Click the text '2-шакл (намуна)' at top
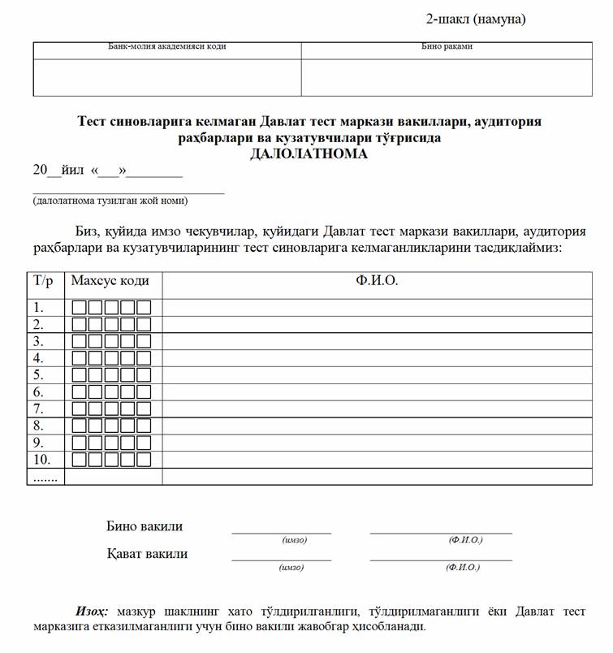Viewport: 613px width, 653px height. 476,19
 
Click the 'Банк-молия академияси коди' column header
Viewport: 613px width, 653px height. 167,46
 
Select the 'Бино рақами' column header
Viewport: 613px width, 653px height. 447,46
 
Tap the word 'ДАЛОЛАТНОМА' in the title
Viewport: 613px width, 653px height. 309,154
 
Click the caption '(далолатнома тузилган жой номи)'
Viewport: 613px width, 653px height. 110,200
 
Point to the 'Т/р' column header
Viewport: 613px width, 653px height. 44,281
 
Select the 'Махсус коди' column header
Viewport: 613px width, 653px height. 110,281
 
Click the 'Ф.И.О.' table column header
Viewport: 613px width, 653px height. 377,281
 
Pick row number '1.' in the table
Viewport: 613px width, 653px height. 38,307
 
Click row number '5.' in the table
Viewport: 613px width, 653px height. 38,374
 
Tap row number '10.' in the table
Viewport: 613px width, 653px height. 41,460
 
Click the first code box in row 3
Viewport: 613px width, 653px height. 79,341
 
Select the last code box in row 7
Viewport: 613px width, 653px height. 144,409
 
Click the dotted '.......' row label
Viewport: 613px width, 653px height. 44,477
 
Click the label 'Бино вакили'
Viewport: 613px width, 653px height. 145,526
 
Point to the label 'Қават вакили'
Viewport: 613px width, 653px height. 147,554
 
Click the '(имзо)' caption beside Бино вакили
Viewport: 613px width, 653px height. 294,540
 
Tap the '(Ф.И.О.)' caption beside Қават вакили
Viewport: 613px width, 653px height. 463,568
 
